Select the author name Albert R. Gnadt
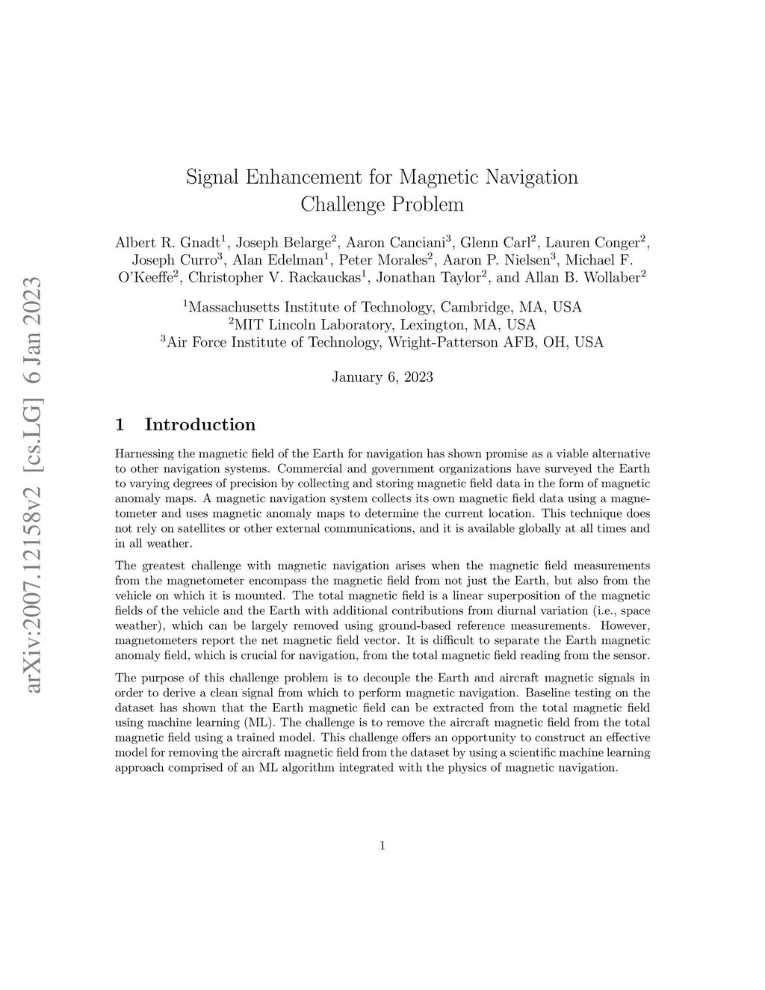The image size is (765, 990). pos(167,243)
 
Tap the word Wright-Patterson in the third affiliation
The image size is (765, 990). pos(438,343)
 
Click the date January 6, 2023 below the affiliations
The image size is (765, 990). pos(382,377)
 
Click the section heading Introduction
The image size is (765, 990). pos(199,425)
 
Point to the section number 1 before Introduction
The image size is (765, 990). pos(120,425)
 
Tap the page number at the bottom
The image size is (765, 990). pos(382,847)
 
